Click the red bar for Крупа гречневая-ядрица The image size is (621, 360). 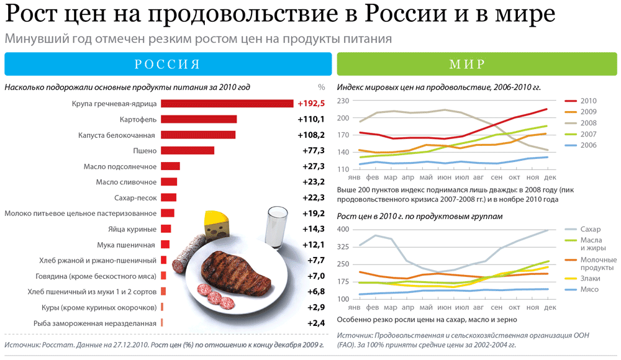click(227, 104)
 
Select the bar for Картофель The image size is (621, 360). click(199, 119)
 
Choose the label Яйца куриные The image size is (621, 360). click(132, 228)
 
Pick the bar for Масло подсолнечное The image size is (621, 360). click(170, 166)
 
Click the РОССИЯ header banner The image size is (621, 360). click(167, 65)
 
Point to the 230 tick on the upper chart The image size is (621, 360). click(343, 101)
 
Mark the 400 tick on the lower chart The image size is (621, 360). click(343, 230)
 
